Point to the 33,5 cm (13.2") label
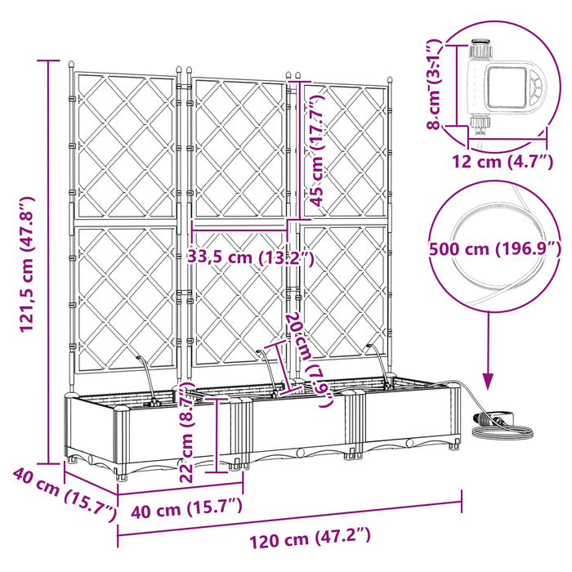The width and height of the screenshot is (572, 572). click(251, 257)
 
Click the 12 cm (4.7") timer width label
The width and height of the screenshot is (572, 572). click(496, 160)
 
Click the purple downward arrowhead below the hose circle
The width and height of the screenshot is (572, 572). click(489, 380)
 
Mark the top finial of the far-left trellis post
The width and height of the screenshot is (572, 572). click(71, 64)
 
